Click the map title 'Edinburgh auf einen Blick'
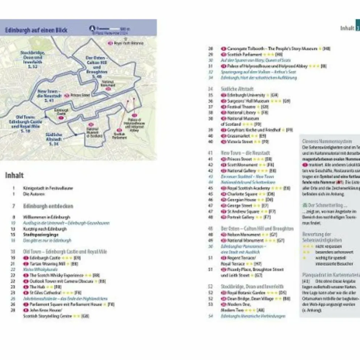point(36,30)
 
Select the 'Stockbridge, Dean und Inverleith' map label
point(33,59)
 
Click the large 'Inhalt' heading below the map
point(14,175)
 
